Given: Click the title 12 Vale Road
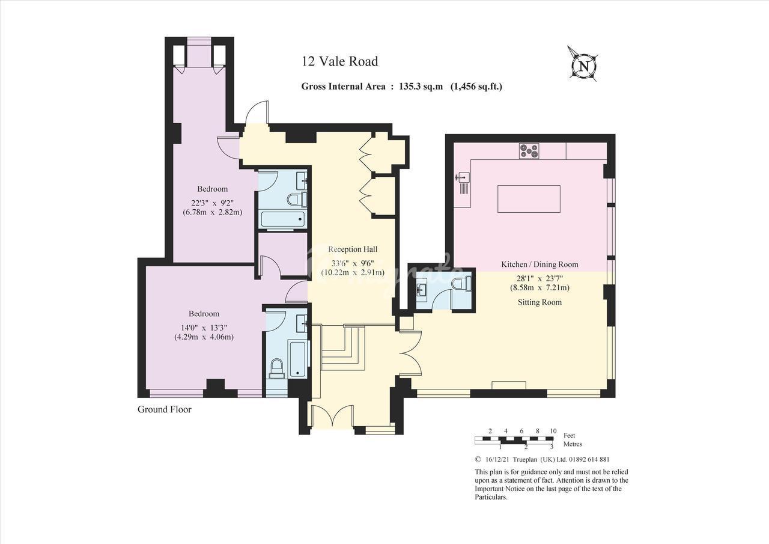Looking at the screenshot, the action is coord(340,61).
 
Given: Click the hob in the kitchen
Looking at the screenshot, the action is coord(529,151).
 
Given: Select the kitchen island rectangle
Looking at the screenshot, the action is coord(529,199).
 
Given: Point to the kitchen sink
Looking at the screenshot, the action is coord(462,177).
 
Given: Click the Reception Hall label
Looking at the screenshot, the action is coord(353,249).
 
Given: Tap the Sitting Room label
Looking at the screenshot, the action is coord(540,302).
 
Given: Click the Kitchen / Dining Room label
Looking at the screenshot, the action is coord(540,264).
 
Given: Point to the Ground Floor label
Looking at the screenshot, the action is coord(165,409).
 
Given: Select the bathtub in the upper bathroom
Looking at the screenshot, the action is coord(282,219).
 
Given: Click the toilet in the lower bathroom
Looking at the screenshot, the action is coord(277,368).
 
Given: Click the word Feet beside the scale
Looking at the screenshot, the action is coord(569,435).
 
